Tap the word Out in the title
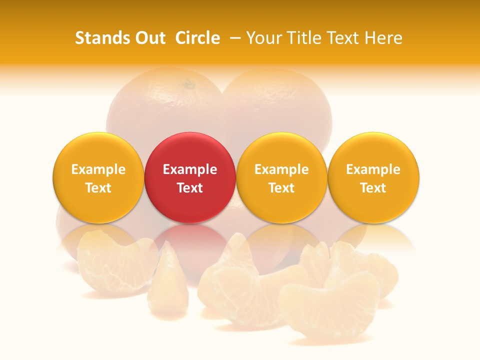tap(149, 38)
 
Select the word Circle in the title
tap(197, 38)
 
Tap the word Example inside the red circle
tap(190, 169)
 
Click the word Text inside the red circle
tap(190, 188)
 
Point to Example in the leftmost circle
tap(98, 169)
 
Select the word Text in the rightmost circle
tap(373, 188)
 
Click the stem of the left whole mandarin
tap(188, 84)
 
